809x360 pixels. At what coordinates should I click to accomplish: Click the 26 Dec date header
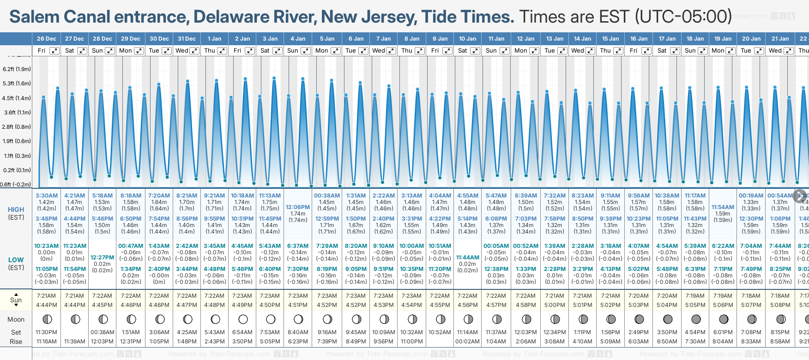[46, 39]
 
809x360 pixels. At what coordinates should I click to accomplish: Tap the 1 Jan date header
[214, 39]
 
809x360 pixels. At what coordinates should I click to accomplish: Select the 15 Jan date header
[611, 39]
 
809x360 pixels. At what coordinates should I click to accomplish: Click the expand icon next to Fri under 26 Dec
[54, 51]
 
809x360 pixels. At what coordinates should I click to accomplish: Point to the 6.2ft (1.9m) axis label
[17, 69]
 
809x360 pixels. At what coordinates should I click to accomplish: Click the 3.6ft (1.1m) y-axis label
[17, 112]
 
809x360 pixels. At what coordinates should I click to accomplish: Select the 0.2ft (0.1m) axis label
[17, 170]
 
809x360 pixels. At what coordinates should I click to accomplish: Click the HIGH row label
[16, 210]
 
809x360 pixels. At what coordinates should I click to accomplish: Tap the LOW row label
[16, 260]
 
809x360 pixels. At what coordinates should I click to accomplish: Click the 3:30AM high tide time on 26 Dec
[47, 196]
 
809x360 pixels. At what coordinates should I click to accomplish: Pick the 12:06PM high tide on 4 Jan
[298, 207]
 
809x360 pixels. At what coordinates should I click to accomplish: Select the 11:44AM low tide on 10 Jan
[468, 258]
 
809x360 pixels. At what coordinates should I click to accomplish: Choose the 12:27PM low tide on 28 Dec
[102, 258]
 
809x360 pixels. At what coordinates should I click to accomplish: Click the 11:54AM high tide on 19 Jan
[723, 207]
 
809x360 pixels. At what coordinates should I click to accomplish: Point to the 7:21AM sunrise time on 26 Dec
[46, 296]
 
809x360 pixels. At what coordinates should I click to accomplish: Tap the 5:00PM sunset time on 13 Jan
[555, 305]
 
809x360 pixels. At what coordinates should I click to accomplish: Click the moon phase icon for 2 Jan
[243, 319]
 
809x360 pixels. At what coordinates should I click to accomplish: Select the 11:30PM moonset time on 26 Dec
[46, 332]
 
